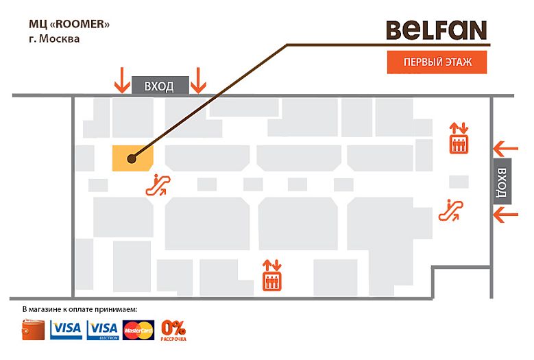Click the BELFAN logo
click(x=437, y=30)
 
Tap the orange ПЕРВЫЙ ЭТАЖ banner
click(x=437, y=62)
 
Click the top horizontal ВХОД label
click(x=159, y=86)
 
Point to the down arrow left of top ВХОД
click(x=121, y=80)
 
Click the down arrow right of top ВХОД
click(x=198, y=80)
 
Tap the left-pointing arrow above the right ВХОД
click(x=506, y=147)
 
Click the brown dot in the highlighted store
click(x=131, y=158)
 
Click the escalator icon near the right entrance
click(x=452, y=209)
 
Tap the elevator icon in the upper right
click(x=458, y=138)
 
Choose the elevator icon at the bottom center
click(x=272, y=275)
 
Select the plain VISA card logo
click(x=66, y=330)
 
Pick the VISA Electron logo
click(x=104, y=330)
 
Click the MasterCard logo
click(x=138, y=331)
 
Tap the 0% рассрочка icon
click(x=173, y=330)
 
